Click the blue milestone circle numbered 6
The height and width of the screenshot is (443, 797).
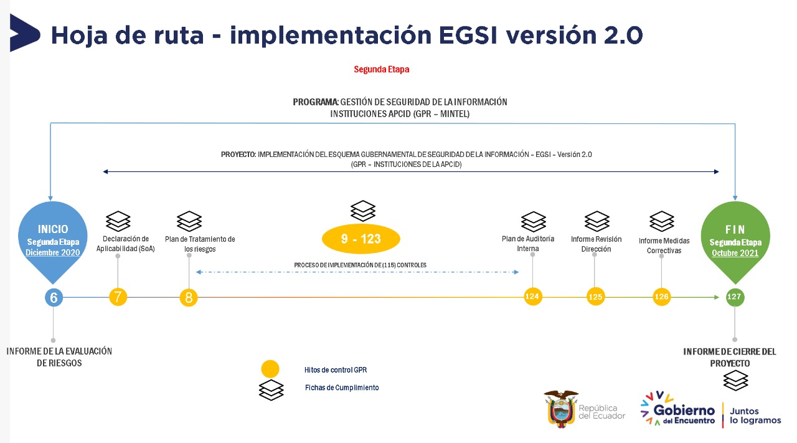(54, 298)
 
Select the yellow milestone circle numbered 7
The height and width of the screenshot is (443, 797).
(118, 297)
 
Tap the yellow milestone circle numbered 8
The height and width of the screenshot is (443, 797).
(189, 298)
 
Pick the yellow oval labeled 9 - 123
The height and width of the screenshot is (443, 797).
(361, 239)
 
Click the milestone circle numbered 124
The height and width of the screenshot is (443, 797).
(532, 297)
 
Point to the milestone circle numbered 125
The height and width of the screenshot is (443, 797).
(595, 297)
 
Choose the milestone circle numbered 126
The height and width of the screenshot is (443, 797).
(661, 297)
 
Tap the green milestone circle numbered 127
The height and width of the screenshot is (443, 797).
(734, 297)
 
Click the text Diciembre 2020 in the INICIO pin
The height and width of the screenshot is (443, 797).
(53, 253)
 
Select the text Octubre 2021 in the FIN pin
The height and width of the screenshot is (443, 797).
(735, 254)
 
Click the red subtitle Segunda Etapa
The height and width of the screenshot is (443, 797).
(381, 70)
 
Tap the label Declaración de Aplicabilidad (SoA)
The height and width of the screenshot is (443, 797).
(125, 244)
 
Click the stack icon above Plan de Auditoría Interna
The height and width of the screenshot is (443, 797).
(533, 221)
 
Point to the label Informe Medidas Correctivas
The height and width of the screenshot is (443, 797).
(664, 245)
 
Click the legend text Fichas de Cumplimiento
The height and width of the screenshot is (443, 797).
(341, 388)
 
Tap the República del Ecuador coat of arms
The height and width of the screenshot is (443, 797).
(560, 408)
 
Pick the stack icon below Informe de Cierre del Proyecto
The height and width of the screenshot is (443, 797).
(735, 380)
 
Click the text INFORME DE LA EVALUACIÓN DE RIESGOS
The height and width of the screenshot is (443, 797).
(59, 357)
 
